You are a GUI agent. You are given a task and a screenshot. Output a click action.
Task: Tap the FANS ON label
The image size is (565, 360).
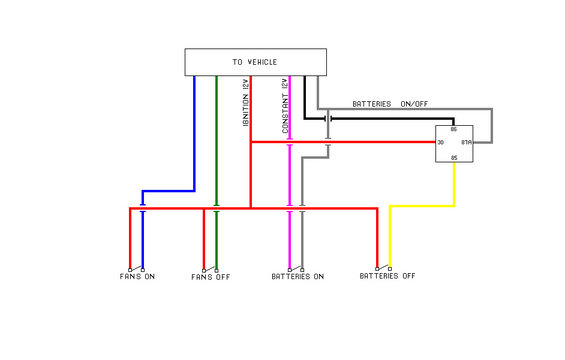click(137, 276)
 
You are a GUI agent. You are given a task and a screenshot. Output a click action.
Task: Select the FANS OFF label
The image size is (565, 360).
click(211, 276)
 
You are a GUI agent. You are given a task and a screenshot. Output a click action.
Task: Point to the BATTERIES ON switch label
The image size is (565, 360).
click(297, 276)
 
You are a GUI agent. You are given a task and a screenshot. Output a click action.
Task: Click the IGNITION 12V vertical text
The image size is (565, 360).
click(244, 103)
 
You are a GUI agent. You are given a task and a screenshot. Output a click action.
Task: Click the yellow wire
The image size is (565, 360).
click(420, 206)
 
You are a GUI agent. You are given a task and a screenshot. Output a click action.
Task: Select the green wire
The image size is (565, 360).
click(216, 140)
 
